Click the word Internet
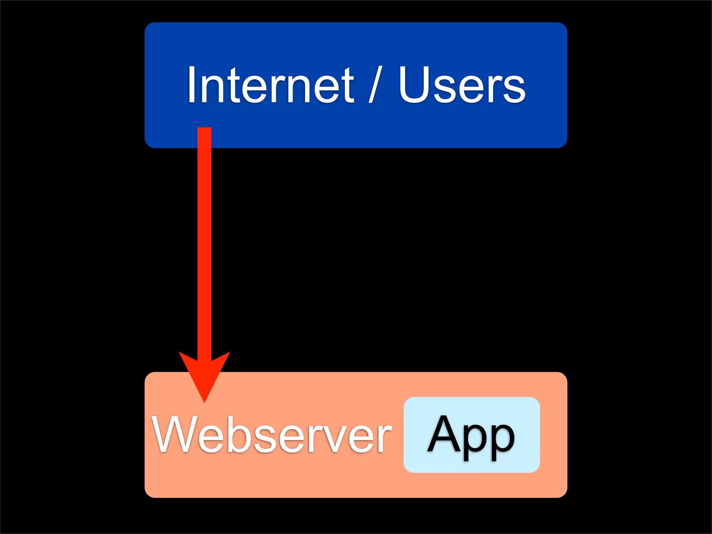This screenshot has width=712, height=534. [x=270, y=85]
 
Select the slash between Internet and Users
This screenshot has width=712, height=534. [x=375, y=85]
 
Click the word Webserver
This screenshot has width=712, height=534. [x=272, y=435]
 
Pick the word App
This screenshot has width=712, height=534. [x=471, y=436]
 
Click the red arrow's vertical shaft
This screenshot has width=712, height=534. [x=204, y=243]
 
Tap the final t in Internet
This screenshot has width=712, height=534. [x=348, y=87]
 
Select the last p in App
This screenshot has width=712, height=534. [x=501, y=440]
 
